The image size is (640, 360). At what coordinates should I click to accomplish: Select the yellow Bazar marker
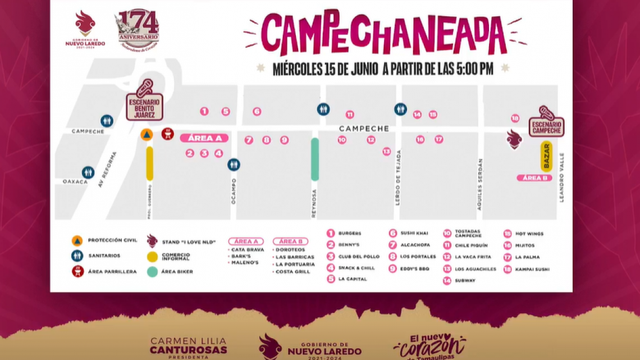pyautogui.click(x=546, y=156)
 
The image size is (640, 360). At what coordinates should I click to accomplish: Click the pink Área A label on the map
pyautogui.click(x=204, y=138)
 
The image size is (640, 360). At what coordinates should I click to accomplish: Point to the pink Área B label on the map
pyautogui.click(x=534, y=178)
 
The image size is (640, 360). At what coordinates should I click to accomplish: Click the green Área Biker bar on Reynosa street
pyautogui.click(x=315, y=160)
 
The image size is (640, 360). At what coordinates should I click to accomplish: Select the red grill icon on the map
pyautogui.click(x=167, y=134)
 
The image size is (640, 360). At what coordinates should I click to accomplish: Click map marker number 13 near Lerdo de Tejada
pyautogui.click(x=386, y=152)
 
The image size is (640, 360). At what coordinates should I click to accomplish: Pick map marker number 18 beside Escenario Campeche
pyautogui.click(x=515, y=118)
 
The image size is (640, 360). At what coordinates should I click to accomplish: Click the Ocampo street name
pyautogui.click(x=234, y=191)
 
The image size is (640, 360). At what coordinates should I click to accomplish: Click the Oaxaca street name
pyautogui.click(x=75, y=181)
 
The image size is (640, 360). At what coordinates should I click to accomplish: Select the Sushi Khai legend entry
pyautogui.click(x=414, y=233)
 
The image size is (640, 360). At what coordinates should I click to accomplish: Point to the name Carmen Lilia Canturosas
pyautogui.click(x=188, y=346)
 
